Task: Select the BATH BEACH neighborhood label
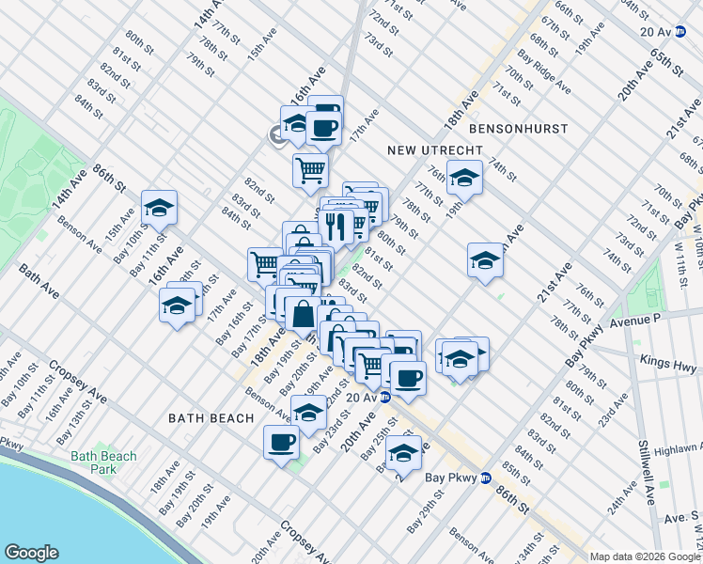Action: [211, 417]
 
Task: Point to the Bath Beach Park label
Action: [103, 462]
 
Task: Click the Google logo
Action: [31, 553]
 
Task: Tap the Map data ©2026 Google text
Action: [645, 556]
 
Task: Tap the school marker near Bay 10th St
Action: [159, 208]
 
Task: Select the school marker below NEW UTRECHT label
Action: [463, 176]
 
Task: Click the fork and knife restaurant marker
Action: [336, 225]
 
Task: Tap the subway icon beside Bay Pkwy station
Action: [485, 477]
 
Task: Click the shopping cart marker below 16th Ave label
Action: [309, 170]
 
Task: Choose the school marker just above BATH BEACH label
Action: [308, 412]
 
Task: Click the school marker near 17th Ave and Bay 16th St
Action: [178, 306]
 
